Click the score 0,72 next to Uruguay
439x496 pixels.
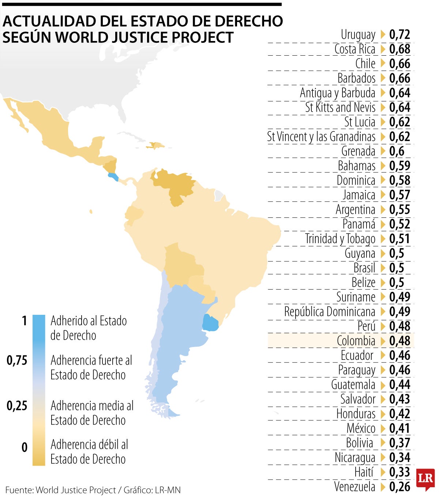tap(399, 34)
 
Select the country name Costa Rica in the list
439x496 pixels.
tap(354, 49)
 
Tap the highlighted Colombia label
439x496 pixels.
tap(356, 341)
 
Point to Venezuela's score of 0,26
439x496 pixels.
tap(399, 486)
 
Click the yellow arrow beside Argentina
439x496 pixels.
tap(383, 210)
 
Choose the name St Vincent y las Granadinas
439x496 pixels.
tap(321, 137)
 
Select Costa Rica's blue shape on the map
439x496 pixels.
tap(113, 177)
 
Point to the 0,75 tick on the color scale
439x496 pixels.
tap(17, 361)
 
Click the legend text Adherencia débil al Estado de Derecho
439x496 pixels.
tap(89, 451)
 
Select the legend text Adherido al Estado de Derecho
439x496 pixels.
tap(89, 328)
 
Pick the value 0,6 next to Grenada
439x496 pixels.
tap(397, 151)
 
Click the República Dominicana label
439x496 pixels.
tap(330, 312)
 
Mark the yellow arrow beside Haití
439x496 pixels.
tap(383, 472)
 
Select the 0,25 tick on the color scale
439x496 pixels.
tap(17, 406)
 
